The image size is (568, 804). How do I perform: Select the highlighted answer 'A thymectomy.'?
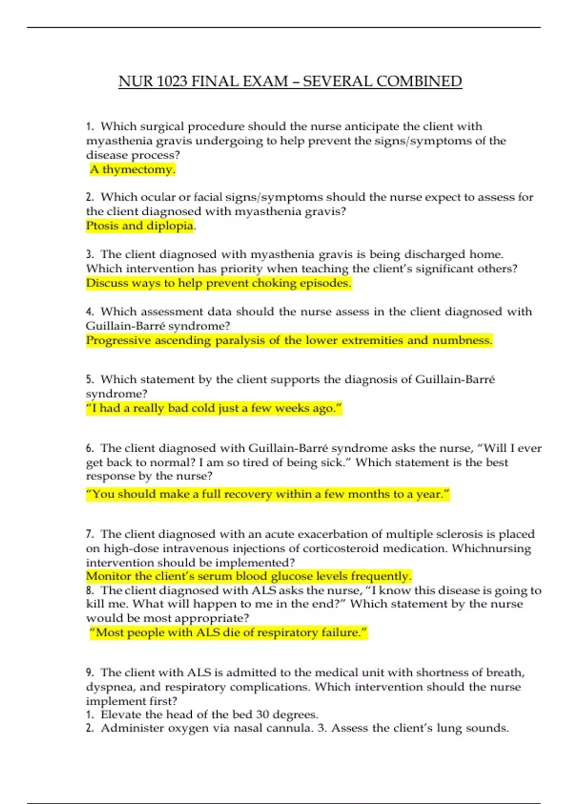point(133,169)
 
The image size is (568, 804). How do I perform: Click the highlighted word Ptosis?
point(102,226)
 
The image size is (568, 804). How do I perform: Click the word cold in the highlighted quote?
point(204,408)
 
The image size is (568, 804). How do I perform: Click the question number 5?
point(89,380)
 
